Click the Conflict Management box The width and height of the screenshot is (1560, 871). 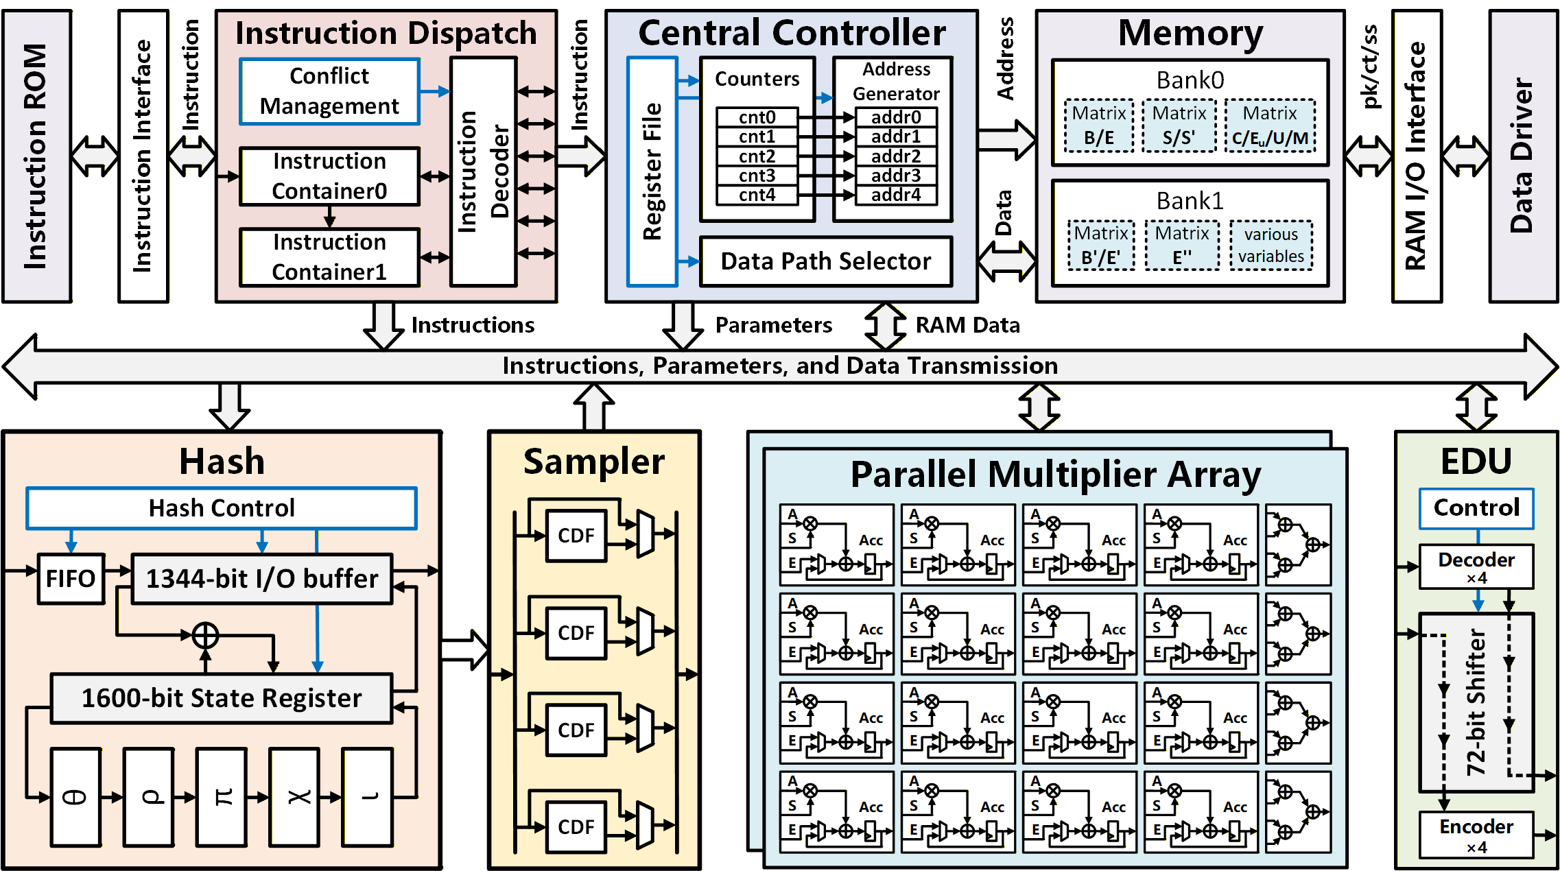(x=329, y=91)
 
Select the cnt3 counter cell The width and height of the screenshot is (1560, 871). (x=757, y=176)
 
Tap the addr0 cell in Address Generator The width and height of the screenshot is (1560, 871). (x=896, y=117)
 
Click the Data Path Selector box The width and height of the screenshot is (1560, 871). (x=826, y=261)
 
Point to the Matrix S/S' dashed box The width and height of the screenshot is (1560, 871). (x=1179, y=126)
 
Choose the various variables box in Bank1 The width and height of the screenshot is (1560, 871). (x=1271, y=246)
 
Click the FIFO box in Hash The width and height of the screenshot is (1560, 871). (x=71, y=579)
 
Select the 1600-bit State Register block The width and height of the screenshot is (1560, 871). (x=222, y=698)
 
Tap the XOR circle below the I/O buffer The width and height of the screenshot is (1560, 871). (x=205, y=635)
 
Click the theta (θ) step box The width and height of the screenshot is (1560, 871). (x=76, y=797)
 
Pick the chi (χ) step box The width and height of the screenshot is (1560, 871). (x=294, y=797)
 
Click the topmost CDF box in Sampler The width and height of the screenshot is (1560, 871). (x=576, y=536)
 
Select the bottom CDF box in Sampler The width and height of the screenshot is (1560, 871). (x=576, y=827)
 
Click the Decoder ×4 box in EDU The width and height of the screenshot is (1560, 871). (x=1476, y=567)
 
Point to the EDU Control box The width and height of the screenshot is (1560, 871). (x=1476, y=508)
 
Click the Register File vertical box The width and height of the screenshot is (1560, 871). (x=652, y=171)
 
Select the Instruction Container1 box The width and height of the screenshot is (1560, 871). (x=329, y=257)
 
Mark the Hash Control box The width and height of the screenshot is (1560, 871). (x=222, y=508)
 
